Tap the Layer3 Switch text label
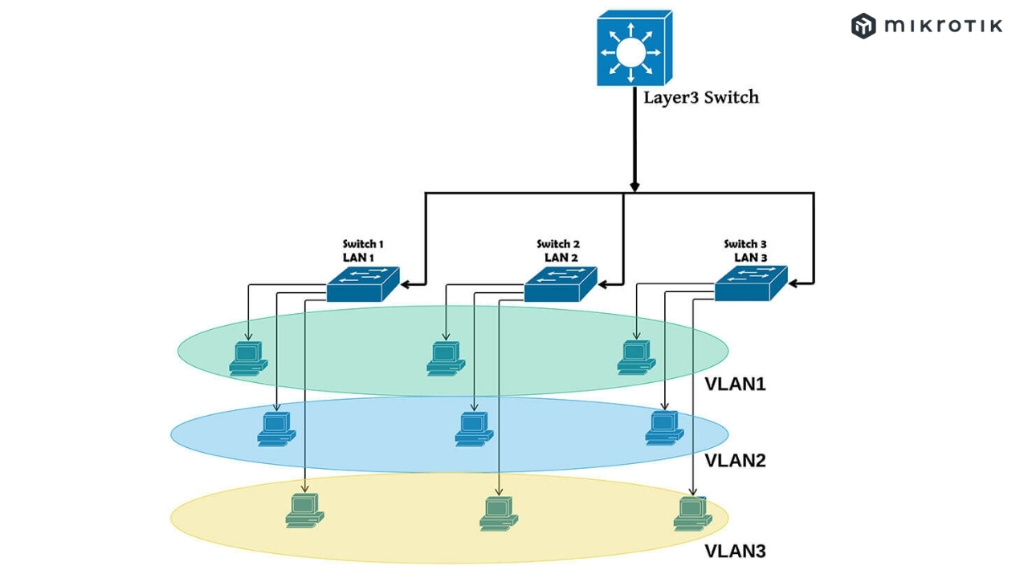701,98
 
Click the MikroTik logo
927,26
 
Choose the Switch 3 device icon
751,283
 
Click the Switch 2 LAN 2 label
559,250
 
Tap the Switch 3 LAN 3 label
747,250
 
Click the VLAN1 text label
735,385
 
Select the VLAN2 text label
735,461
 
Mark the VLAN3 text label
735,552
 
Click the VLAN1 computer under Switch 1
247,358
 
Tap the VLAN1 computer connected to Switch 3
636,357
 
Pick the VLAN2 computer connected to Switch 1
276,428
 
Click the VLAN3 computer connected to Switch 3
692,514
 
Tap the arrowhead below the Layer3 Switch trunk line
634,187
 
